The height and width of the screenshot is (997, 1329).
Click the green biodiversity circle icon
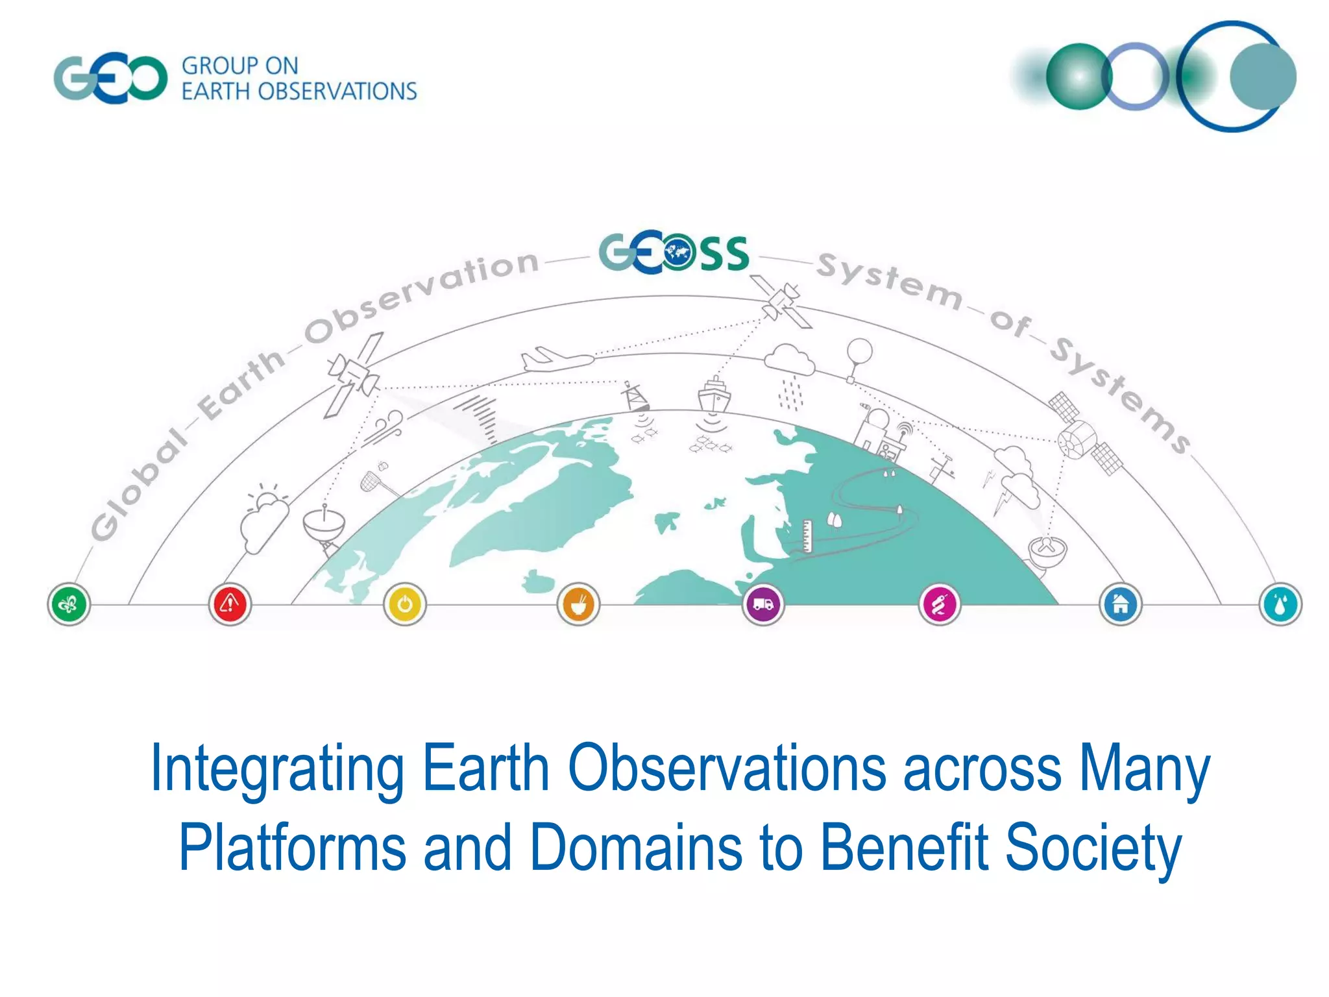tap(69, 604)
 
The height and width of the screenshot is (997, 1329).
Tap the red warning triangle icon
tap(229, 604)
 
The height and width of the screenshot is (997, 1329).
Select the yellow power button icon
tap(404, 604)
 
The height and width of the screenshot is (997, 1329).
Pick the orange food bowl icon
tap(578, 604)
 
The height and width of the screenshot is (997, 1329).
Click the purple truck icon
tap(763, 604)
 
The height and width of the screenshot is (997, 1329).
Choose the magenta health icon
tap(940, 604)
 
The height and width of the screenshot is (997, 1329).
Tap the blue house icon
tap(1120, 604)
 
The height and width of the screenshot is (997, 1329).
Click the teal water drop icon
tap(1280, 604)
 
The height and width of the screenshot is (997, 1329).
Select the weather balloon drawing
tap(859, 357)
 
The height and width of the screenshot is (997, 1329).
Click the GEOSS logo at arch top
tap(673, 252)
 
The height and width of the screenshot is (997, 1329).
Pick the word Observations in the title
tap(727, 769)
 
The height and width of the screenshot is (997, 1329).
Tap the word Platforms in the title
tap(292, 848)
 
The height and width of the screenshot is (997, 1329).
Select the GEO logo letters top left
tap(110, 79)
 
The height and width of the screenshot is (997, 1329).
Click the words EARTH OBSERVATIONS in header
tap(299, 92)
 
